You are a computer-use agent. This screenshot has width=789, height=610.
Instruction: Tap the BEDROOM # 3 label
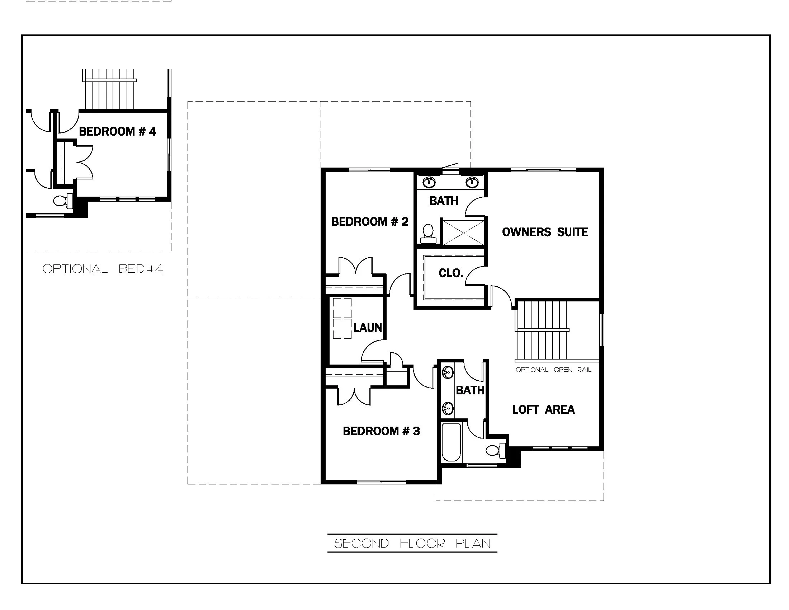[x=381, y=431]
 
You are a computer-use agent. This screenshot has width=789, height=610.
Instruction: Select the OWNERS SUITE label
[x=544, y=232]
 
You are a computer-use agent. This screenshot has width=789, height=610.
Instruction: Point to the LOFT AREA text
[x=543, y=409]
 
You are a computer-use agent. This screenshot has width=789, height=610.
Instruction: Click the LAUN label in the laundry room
[x=367, y=328]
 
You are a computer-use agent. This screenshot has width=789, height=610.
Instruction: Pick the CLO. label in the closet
[x=450, y=273]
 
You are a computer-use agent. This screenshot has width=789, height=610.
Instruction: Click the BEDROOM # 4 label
[x=117, y=131]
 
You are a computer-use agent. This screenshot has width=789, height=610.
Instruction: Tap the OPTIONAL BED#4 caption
[x=103, y=269]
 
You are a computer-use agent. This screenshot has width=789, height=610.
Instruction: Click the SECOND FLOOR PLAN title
[x=412, y=544]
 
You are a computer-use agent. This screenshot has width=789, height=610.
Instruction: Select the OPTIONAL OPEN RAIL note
[x=553, y=370]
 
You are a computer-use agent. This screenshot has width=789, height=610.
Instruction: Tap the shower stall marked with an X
[x=463, y=233]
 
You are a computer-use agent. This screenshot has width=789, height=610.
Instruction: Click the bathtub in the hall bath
[x=451, y=442]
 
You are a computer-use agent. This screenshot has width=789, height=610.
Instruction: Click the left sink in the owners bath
[x=429, y=182]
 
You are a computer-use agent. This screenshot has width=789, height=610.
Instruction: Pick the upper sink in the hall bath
[x=448, y=372]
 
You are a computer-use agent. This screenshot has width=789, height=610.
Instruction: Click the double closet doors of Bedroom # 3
[x=354, y=396]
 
